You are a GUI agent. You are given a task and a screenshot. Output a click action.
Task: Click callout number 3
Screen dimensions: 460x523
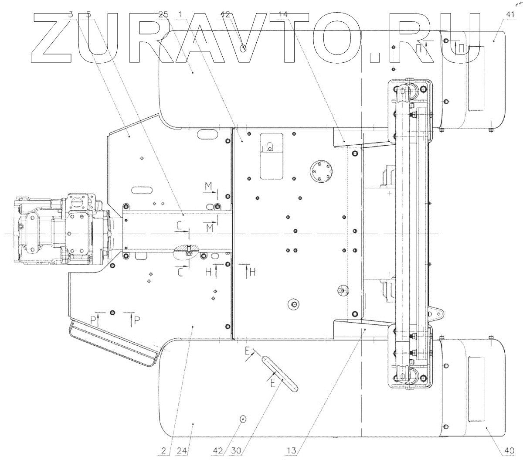coord(71,14)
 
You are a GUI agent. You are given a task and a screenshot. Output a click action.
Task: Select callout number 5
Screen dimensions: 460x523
coord(89,14)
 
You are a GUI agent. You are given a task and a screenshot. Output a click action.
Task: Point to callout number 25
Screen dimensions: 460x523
coord(163,14)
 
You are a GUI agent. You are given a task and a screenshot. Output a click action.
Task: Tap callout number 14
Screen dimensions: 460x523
coord(283,14)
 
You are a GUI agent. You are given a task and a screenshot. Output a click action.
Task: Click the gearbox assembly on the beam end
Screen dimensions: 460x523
coord(61,230)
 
